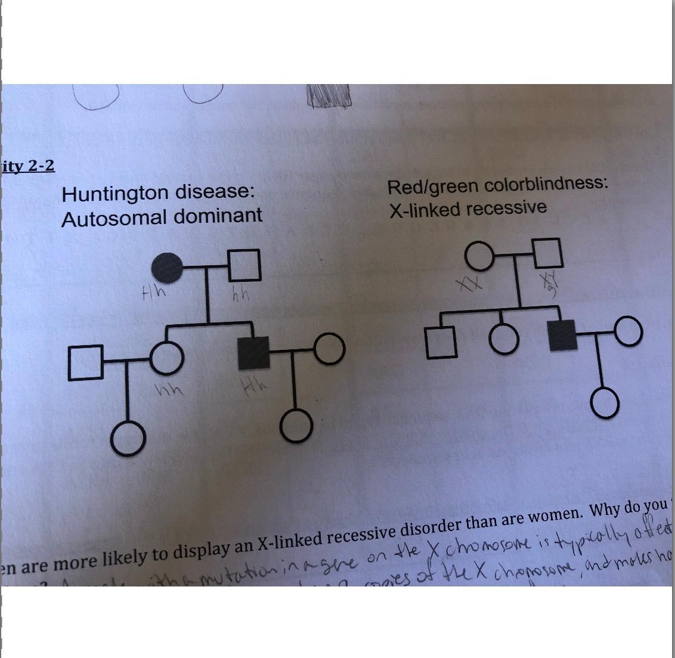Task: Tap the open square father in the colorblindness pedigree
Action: [x=548, y=254]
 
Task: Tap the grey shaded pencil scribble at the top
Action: [x=328, y=94]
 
